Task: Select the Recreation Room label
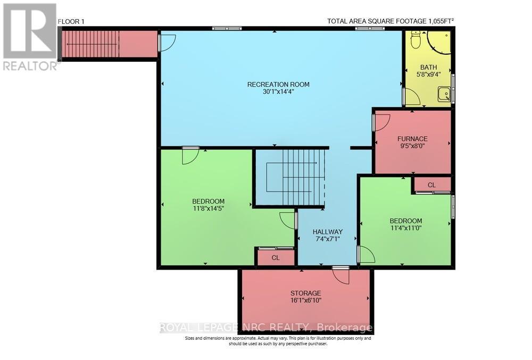(x=278, y=84)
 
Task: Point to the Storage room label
(x=305, y=293)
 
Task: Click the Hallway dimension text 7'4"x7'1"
(x=327, y=239)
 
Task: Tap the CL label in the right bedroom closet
(x=431, y=185)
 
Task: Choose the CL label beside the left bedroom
(x=276, y=258)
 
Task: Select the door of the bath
(x=411, y=97)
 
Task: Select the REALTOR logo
(x=30, y=36)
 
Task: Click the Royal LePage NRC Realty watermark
(x=266, y=328)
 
